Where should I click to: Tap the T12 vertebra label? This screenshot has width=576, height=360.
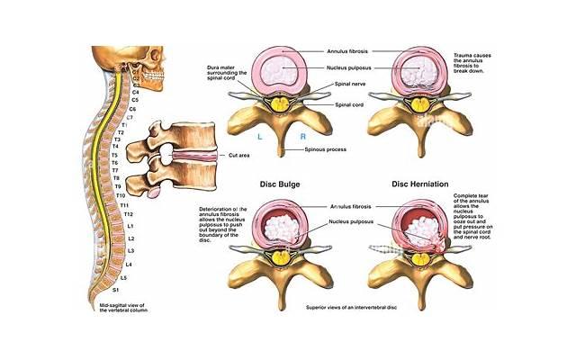(x=129, y=214)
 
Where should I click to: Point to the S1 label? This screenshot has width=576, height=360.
(x=115, y=290)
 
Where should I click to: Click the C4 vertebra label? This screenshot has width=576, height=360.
(x=136, y=91)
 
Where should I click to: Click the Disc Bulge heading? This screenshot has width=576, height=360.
(x=280, y=185)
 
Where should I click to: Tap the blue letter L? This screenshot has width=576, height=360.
(x=259, y=135)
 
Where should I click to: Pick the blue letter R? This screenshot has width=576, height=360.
(x=302, y=135)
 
